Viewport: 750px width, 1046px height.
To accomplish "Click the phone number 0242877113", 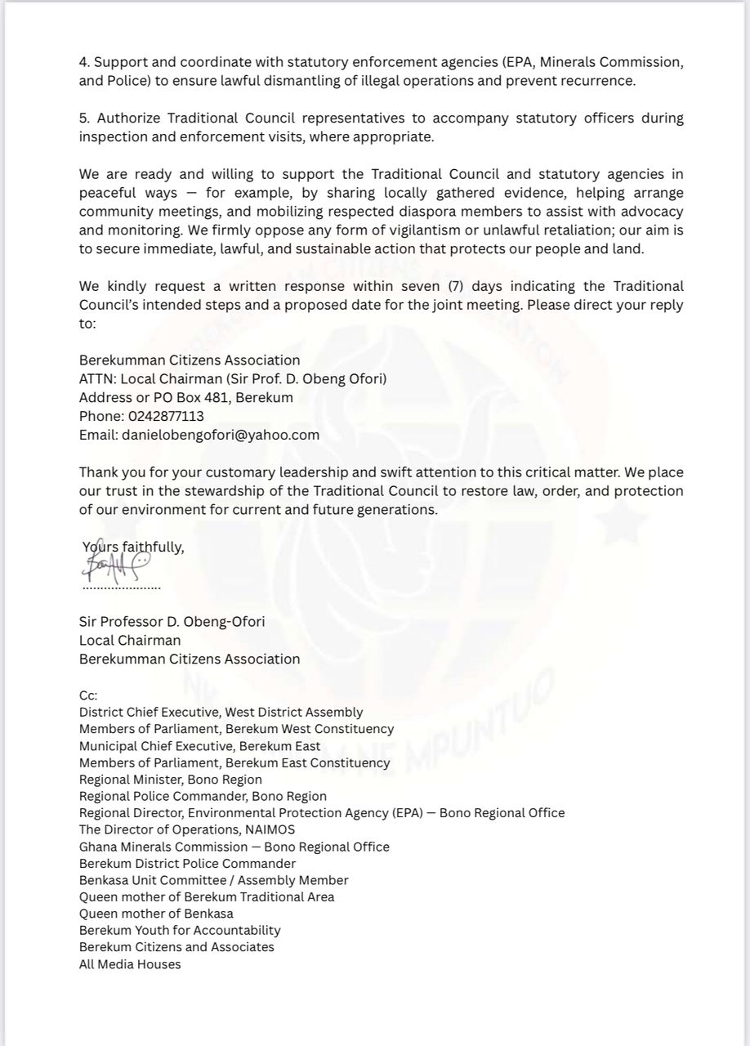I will point(166,416).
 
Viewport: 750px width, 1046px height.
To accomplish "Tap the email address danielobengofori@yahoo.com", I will point(221,435).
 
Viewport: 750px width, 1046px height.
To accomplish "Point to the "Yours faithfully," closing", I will point(133,548).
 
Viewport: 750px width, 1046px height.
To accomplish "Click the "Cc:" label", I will point(88,695).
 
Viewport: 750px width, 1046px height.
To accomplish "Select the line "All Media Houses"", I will point(130,964).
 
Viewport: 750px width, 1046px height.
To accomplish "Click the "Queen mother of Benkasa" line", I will point(156,914).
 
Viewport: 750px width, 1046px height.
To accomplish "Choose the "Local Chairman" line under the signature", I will point(130,641).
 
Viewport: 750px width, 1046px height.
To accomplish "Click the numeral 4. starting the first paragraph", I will point(84,62).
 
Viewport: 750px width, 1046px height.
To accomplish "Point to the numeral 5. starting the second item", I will point(84,118).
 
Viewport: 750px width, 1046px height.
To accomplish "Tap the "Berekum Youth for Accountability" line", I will point(180,931).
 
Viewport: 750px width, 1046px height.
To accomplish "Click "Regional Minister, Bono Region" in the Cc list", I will point(171,780).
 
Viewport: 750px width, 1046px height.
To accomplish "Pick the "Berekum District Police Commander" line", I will point(187,864).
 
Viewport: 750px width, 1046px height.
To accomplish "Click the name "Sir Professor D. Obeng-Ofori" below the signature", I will point(172,622).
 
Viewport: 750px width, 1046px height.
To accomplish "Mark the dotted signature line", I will point(122,588).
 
